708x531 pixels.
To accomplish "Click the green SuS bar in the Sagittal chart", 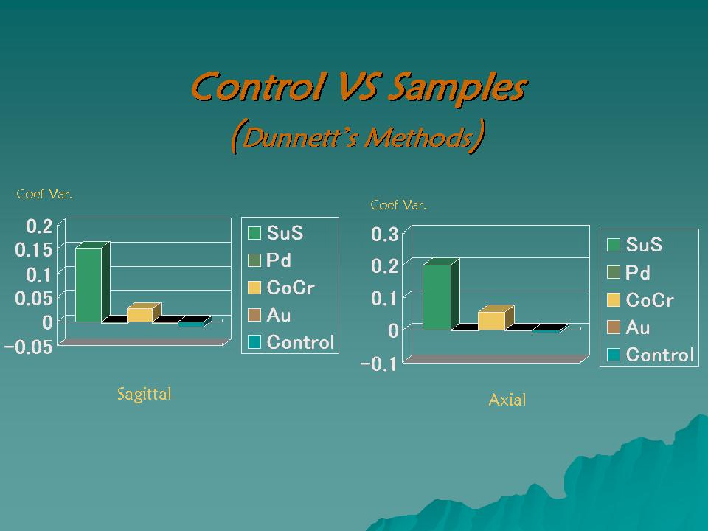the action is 93,282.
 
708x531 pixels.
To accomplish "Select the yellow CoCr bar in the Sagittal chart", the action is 144,313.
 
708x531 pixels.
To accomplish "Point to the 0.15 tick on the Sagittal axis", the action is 34,249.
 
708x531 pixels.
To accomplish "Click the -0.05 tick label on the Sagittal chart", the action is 29,347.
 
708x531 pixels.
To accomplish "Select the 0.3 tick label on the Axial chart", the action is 385,235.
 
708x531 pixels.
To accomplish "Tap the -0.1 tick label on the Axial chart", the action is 379,364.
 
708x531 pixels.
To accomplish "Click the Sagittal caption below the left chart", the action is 145,394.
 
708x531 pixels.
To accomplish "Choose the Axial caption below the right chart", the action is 507,400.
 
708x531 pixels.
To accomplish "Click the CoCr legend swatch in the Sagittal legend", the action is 254,288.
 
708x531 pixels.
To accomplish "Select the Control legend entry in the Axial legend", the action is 650,355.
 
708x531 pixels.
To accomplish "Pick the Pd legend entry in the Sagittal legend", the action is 270,260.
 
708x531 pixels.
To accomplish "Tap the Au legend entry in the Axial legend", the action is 628,327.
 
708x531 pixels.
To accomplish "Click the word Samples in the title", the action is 457,88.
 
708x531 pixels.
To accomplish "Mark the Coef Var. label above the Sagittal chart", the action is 44,194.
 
